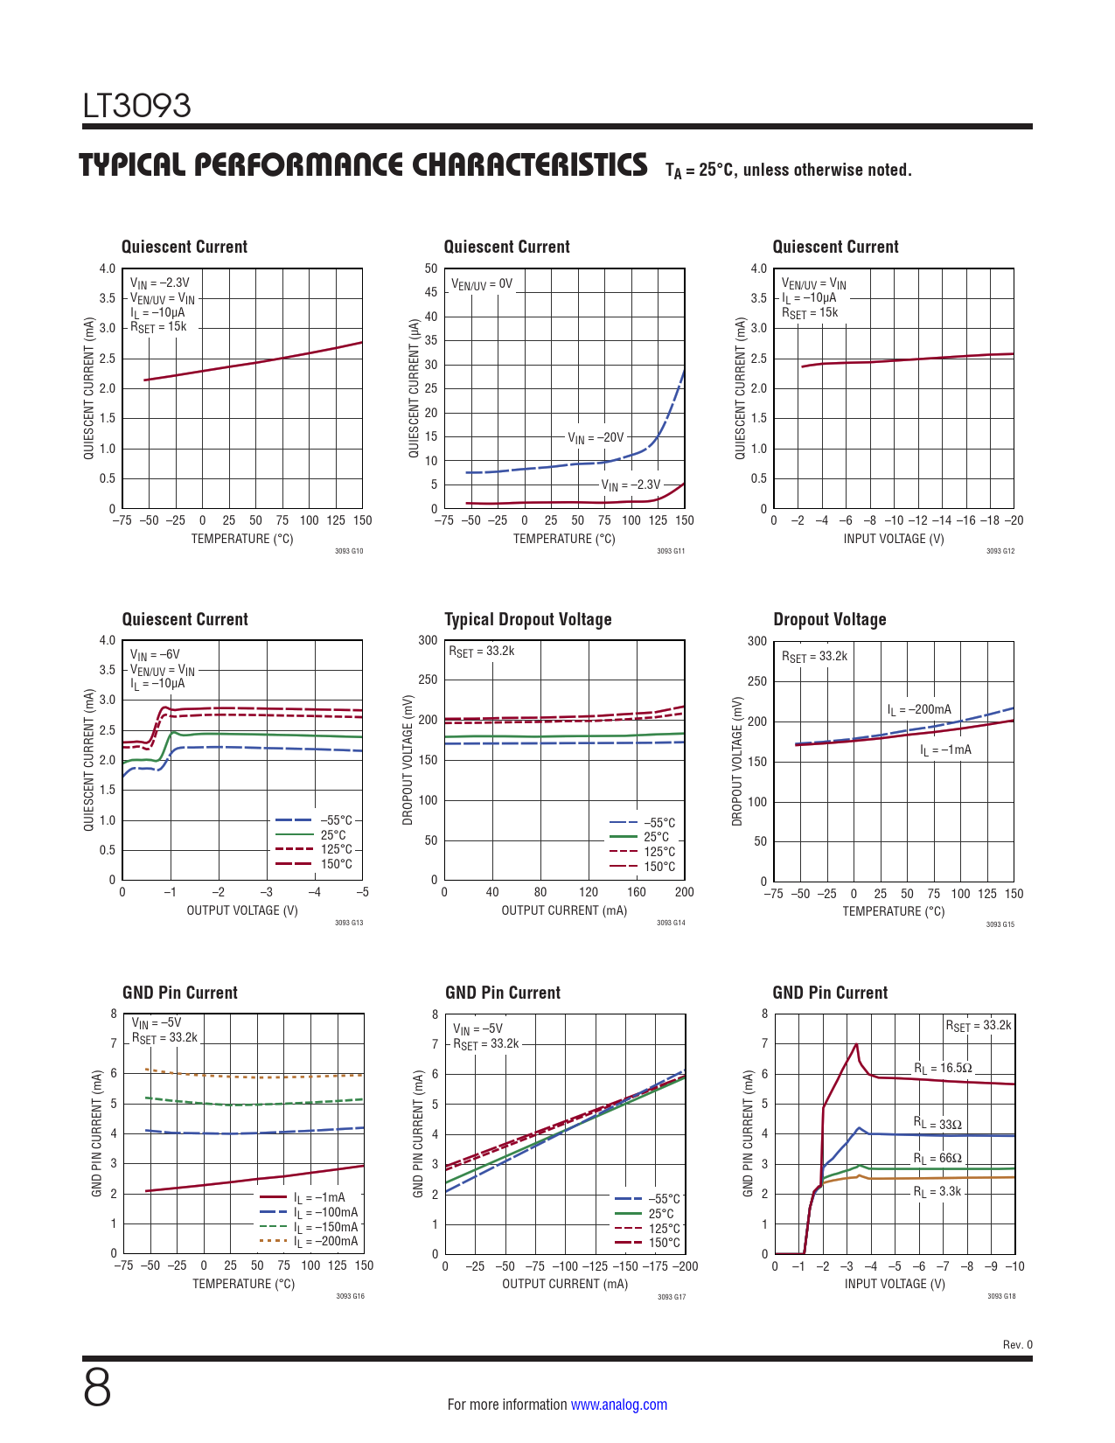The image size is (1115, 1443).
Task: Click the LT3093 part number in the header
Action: click(136, 106)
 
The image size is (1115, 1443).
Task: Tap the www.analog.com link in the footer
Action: click(618, 1405)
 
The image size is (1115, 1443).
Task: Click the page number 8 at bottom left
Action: click(97, 1388)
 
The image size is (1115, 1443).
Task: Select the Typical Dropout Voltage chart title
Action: click(527, 619)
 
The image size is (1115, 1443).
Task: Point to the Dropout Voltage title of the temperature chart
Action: click(829, 619)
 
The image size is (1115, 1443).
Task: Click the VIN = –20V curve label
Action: click(596, 437)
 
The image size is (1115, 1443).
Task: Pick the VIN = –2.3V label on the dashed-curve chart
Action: click(631, 484)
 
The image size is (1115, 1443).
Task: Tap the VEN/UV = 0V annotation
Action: click(481, 284)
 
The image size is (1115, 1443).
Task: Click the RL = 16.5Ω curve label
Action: click(943, 1068)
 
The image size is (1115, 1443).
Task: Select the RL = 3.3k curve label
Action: click(937, 1192)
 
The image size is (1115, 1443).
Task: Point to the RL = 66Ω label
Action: click(937, 1159)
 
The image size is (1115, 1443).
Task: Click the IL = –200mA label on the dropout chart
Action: click(919, 710)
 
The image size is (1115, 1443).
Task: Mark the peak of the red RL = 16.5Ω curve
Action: click(856, 1044)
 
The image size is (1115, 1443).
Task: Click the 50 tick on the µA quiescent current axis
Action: click(431, 269)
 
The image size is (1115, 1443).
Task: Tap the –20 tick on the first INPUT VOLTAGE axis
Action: click(1014, 520)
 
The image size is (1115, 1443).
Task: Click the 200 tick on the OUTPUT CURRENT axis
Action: click(684, 893)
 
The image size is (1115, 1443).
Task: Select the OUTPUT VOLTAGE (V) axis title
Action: click(242, 910)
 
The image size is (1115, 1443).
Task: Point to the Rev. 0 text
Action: click(1017, 1345)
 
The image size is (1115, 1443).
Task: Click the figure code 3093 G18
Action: click(1001, 1296)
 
